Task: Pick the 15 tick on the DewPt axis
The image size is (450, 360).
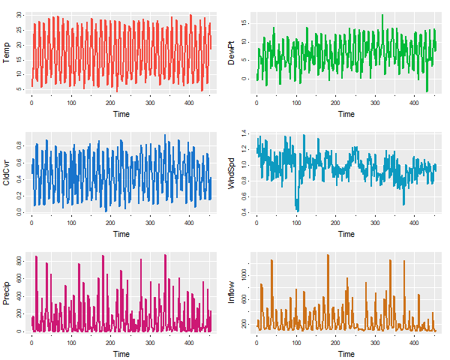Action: tap(243, 23)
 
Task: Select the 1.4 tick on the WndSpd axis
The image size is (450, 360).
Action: tap(243, 133)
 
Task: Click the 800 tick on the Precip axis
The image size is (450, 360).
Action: tap(16, 260)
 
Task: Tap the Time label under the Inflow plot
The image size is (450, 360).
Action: tap(346, 354)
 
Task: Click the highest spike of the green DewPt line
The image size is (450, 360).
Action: tap(382, 15)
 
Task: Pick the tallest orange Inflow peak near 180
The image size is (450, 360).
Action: tap(328, 255)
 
